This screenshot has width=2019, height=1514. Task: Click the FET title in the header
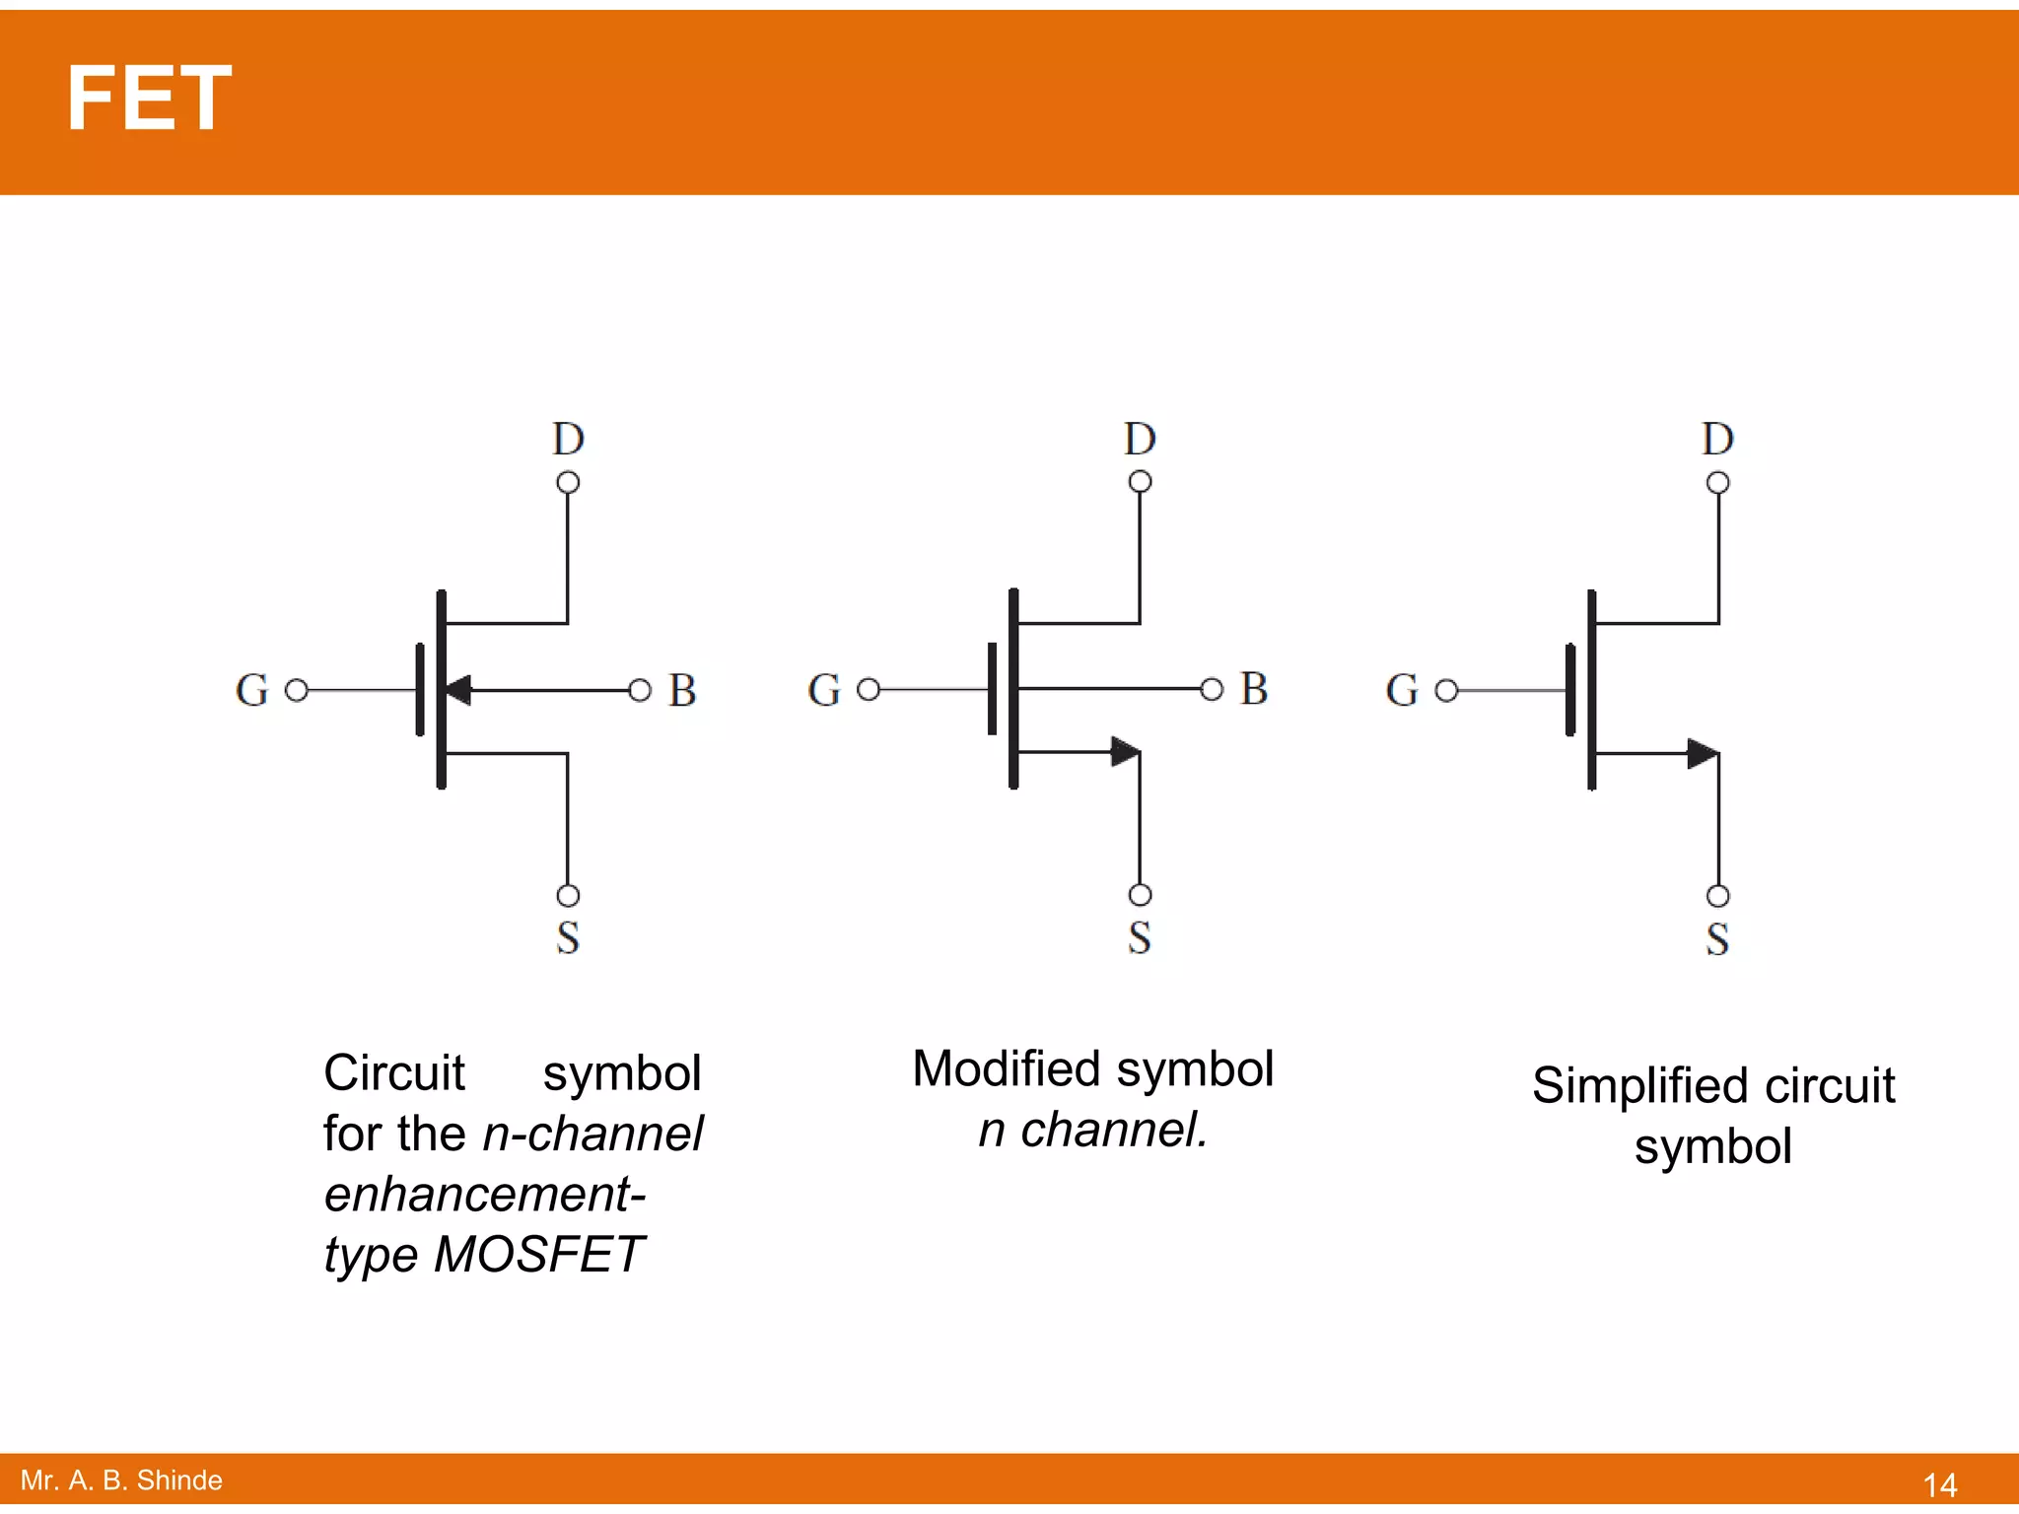[x=148, y=99]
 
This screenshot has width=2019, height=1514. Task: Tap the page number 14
[x=1939, y=1484]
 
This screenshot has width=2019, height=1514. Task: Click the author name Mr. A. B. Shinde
[x=121, y=1480]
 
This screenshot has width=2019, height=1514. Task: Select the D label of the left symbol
[x=568, y=440]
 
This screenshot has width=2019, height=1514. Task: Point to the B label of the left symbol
[x=682, y=690]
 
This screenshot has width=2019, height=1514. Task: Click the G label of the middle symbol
[x=824, y=690]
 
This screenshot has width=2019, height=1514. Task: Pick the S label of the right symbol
[x=1717, y=938]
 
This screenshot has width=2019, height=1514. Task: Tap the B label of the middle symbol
[x=1254, y=688]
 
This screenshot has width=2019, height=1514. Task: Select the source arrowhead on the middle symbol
[x=1125, y=752]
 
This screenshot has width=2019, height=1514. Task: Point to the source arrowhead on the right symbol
[x=1703, y=754]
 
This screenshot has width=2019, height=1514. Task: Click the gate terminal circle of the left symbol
[x=297, y=690]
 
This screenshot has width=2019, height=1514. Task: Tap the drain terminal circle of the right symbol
[x=1717, y=483]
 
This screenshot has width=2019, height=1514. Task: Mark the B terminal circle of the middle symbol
[x=1212, y=689]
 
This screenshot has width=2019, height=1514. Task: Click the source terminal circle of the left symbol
[x=568, y=895]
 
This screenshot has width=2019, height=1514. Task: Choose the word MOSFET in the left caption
[x=538, y=1255]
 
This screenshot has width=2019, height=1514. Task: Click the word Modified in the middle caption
[x=1007, y=1069]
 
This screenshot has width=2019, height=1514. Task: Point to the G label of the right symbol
[x=1402, y=690]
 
